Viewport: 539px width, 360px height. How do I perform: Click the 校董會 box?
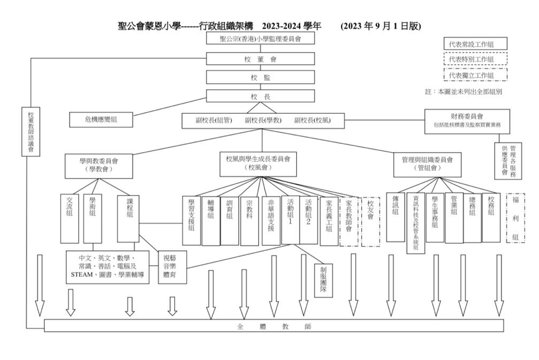(260, 59)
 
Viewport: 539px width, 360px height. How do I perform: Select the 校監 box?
(260, 77)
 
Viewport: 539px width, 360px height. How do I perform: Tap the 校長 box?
(260, 97)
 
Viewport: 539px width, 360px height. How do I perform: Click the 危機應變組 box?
(101, 119)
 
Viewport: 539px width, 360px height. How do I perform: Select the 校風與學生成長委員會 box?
(258, 164)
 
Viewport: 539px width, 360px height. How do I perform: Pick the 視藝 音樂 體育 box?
(172, 267)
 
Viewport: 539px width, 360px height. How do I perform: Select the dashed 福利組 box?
(515, 217)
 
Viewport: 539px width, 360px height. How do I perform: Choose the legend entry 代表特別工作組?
(475, 59)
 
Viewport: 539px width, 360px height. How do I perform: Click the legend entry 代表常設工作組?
(475, 44)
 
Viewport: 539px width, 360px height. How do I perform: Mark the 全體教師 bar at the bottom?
(274, 326)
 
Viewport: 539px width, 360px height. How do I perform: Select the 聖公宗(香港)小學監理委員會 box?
(260, 38)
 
